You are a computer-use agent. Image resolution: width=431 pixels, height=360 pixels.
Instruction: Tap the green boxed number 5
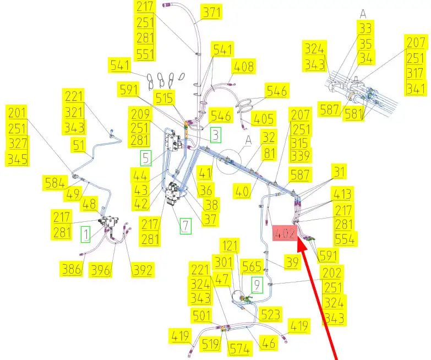pyautogui.click(x=145, y=159)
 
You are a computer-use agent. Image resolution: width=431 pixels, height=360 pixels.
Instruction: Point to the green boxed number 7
pyautogui.click(x=184, y=225)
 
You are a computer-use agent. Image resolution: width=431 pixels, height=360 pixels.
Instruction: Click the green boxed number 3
pyautogui.click(x=215, y=134)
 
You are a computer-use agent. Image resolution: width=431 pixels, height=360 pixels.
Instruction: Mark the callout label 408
pyautogui.click(x=244, y=67)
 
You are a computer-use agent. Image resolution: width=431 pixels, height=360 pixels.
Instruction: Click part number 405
pyautogui.click(x=264, y=118)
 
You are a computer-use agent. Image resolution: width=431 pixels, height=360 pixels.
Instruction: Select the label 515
pyautogui.click(x=164, y=98)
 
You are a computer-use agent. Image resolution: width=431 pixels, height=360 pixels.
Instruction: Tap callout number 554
pyautogui.click(x=346, y=239)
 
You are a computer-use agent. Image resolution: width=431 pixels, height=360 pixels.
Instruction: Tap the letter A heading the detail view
pyautogui.click(x=363, y=13)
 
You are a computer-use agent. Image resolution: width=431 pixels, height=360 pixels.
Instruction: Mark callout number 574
pyautogui.click(x=239, y=348)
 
